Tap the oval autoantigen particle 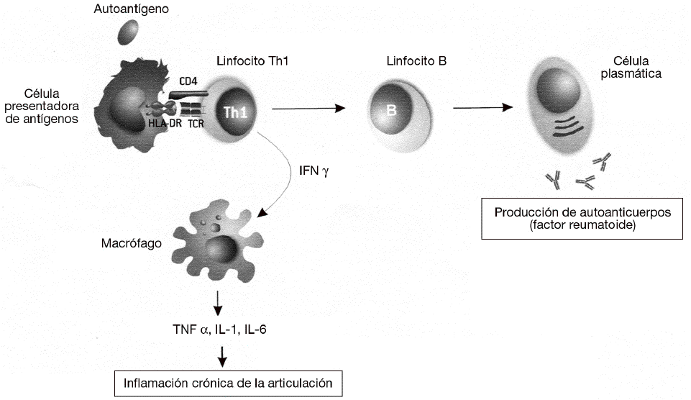coord(130,32)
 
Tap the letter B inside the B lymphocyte coord(392,111)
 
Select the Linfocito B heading coord(416,61)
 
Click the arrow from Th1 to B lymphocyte coord(309,109)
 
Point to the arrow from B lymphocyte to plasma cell coord(482,109)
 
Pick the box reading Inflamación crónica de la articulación coord(228,383)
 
